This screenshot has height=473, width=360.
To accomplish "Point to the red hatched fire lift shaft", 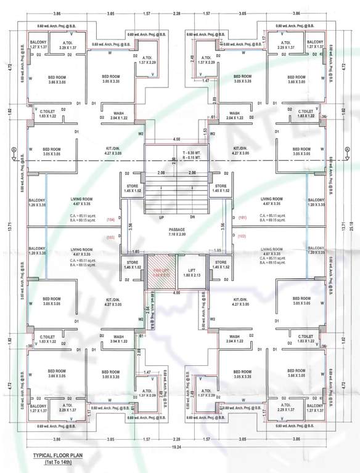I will [x=160, y=272].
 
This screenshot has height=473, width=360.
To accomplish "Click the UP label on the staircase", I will [x=162, y=217].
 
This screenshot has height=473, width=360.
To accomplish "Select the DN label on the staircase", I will [x=193, y=217].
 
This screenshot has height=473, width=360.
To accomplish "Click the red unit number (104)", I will [x=111, y=219].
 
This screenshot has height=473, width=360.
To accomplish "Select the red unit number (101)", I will [x=241, y=218].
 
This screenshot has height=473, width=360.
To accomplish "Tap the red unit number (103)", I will [x=111, y=237].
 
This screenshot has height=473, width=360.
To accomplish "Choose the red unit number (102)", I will [x=241, y=236].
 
